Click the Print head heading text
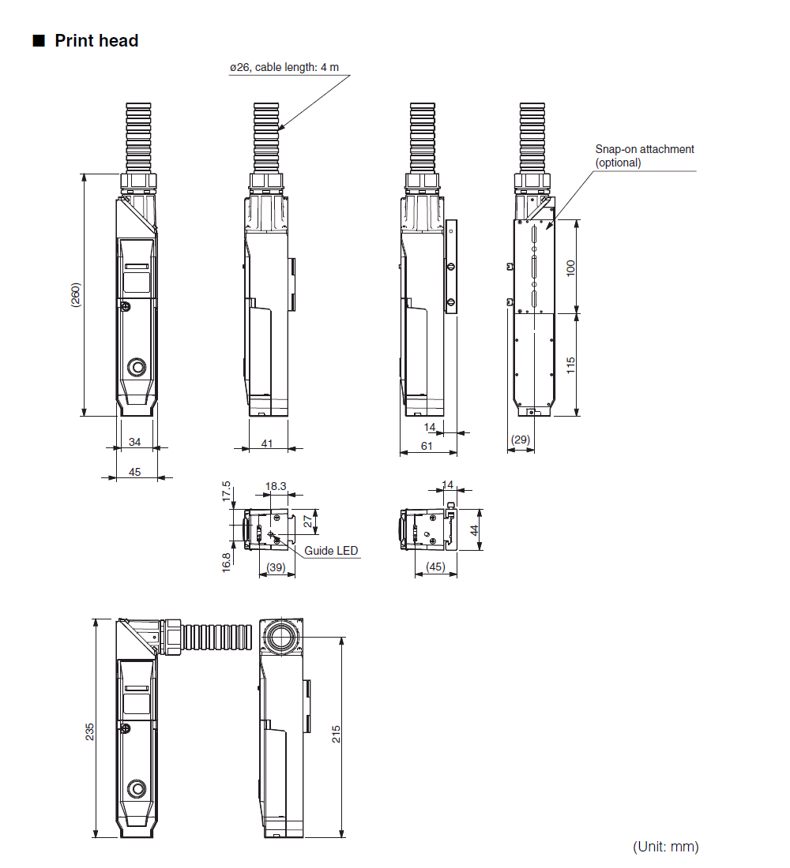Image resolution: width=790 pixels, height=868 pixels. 96,41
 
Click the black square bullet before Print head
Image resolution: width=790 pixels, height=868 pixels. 39,41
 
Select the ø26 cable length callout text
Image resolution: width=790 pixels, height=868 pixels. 284,67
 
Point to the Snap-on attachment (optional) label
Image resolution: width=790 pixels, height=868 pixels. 645,155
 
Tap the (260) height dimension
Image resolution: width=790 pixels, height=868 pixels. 75,295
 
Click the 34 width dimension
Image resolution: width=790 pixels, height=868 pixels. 135,442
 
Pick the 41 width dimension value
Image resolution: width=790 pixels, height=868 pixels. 267,443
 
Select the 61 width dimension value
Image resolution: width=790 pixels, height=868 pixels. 427,446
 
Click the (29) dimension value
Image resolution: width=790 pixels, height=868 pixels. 520,440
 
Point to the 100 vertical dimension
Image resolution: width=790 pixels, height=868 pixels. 570,268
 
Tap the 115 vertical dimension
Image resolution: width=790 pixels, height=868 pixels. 570,365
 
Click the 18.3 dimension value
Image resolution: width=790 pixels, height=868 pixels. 276,486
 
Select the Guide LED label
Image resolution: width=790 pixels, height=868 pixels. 331,551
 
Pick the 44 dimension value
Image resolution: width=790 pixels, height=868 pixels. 474,530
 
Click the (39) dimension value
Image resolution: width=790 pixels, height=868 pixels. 276,567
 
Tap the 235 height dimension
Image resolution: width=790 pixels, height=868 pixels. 89,731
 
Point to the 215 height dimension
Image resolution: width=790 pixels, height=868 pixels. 336,734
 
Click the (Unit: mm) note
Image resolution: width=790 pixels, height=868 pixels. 666,847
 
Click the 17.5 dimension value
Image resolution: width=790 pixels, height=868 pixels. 226,492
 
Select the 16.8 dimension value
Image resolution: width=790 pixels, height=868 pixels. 226,563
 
